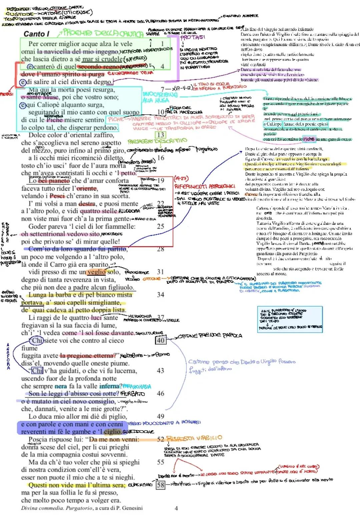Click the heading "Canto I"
(37, 34)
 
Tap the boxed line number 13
(161, 135)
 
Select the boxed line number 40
(161, 340)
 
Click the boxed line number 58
(161, 485)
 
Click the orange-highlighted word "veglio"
(97, 272)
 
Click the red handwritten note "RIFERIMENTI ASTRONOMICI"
(205, 186)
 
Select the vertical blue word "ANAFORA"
(8, 356)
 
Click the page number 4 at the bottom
(176, 508)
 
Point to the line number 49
(161, 416)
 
